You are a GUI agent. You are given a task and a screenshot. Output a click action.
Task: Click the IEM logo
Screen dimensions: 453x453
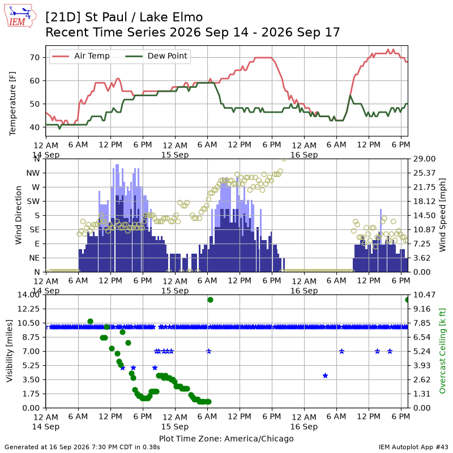tap(20, 16)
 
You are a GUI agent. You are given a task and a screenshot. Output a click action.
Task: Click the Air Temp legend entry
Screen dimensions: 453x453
tap(80, 56)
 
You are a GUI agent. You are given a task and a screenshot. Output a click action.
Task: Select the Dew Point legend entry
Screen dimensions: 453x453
tap(156, 56)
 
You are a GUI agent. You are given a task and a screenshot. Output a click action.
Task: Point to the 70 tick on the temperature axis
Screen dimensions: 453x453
tap(35, 58)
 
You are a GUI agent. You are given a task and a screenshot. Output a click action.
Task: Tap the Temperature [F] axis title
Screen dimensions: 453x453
tap(12, 104)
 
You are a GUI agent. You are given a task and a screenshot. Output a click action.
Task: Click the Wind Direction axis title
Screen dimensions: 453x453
tap(19, 215)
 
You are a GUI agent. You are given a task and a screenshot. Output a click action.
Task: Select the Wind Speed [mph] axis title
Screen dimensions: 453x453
tap(442, 215)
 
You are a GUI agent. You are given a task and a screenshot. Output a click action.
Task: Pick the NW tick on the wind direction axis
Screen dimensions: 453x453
tap(33, 173)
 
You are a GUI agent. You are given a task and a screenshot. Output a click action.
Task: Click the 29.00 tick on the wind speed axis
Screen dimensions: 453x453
tap(424, 159)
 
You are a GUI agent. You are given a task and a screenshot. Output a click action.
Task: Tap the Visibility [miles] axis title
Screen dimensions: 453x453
tap(10, 351)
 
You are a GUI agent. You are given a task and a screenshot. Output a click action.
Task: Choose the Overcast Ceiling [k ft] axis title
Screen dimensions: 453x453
tap(442, 351)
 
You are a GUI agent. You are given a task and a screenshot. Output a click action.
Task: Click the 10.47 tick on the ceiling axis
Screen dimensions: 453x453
tap(424, 294)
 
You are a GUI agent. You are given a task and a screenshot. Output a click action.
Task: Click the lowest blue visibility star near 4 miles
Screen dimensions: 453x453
tap(325, 375)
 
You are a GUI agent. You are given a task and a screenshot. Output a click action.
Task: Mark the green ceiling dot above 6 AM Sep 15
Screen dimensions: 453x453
tap(210, 300)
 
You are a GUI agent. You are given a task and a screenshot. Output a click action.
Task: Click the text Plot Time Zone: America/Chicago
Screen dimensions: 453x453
tap(226, 438)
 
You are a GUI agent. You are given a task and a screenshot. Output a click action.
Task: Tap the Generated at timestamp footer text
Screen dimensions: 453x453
tap(82, 447)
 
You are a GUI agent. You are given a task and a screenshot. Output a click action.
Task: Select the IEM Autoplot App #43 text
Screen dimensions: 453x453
tap(413, 447)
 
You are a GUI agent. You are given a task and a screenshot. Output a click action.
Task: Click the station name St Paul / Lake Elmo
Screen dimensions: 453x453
tap(144, 17)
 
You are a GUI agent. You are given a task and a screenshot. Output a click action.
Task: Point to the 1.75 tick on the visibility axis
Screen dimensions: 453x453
tap(31, 394)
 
